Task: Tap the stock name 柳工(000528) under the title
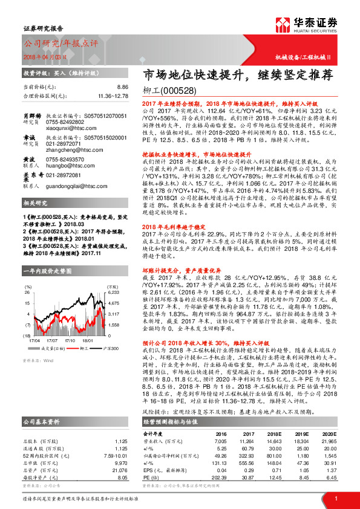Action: [171, 90]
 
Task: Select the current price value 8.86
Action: [123, 87]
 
